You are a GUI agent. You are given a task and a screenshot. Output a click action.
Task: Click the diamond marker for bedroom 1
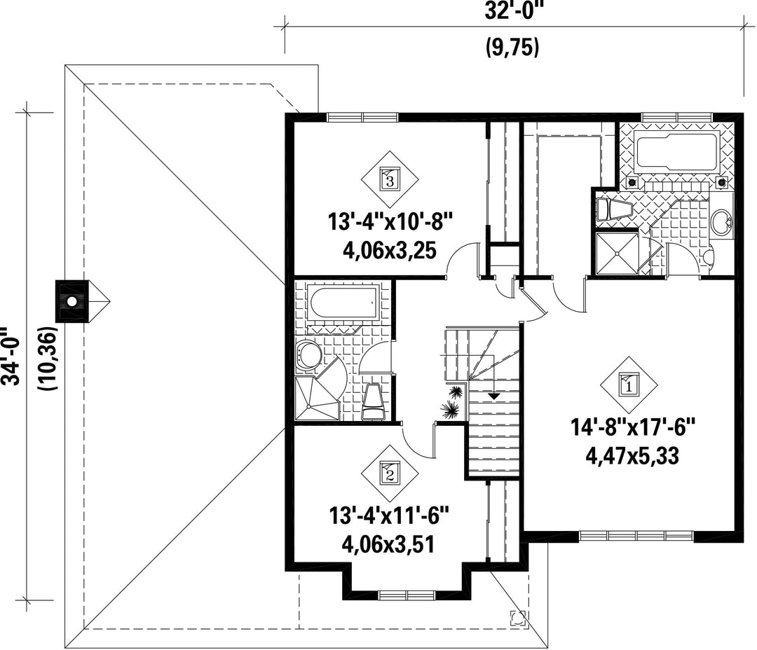point(629,385)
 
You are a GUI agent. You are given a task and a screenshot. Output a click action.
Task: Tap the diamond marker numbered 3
point(390,180)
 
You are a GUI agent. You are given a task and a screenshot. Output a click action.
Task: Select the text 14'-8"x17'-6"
point(632,427)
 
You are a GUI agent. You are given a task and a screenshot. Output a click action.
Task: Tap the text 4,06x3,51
point(388,544)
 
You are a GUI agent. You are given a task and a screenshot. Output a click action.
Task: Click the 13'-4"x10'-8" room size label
point(390,223)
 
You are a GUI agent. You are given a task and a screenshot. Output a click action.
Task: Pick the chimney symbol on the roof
point(71,301)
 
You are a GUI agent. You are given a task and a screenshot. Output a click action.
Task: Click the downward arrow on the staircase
point(493,396)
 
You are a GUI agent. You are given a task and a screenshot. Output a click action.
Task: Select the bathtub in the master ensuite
point(676,153)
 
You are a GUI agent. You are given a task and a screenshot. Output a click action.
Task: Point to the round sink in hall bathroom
point(308,356)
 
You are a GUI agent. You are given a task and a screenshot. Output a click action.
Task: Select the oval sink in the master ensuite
point(723,223)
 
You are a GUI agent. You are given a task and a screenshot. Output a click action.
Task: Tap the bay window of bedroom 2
point(408,595)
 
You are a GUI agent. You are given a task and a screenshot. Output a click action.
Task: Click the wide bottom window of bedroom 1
point(636,536)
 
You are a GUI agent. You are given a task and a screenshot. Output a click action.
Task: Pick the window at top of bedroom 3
point(363,117)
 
